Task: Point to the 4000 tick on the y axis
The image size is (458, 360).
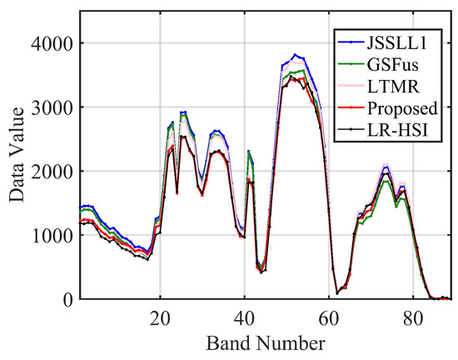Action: click(x=54, y=43)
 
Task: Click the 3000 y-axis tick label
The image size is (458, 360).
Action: click(x=54, y=107)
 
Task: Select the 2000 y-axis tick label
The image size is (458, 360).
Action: click(x=54, y=172)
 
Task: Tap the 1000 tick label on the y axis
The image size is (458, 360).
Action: click(x=54, y=236)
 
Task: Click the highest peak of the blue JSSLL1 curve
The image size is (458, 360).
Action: click(x=294, y=55)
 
